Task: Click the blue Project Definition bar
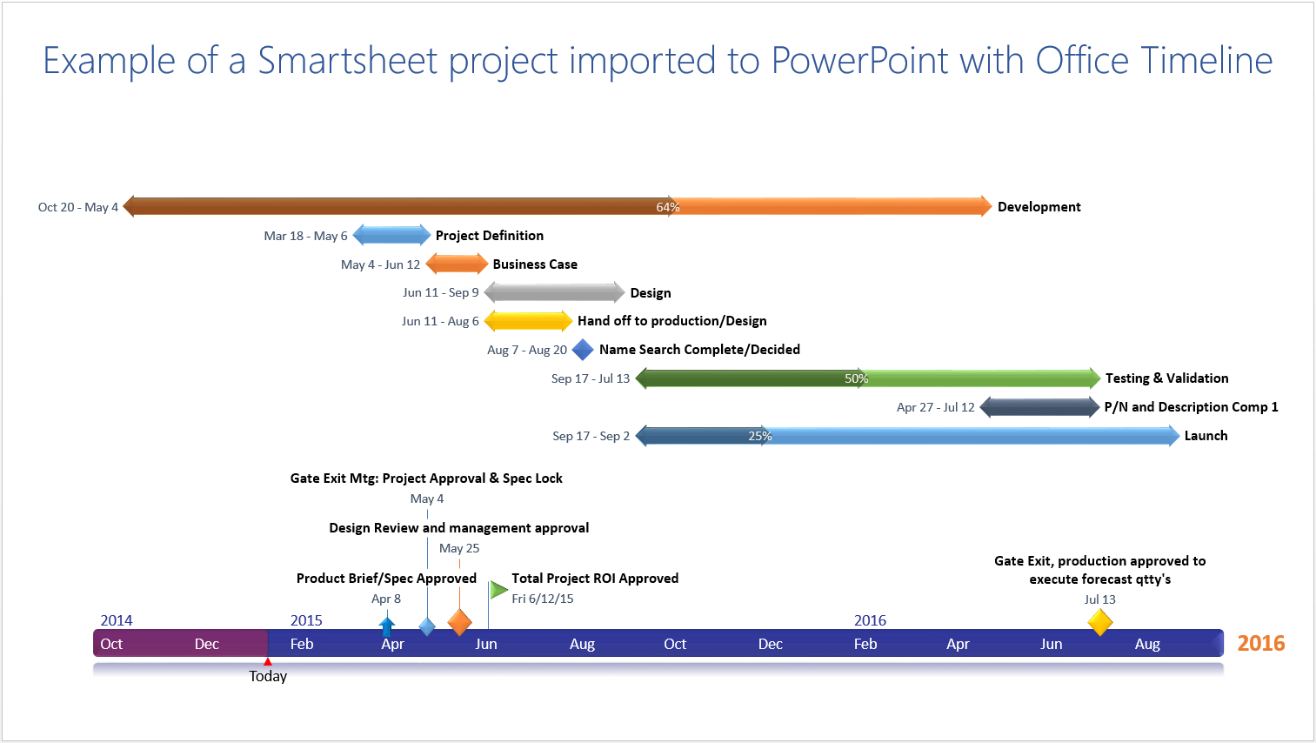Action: pyautogui.click(x=391, y=235)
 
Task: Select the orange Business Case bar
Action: pyautogui.click(x=457, y=264)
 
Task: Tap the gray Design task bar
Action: pyautogui.click(x=554, y=292)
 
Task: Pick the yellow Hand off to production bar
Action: pyautogui.click(x=528, y=321)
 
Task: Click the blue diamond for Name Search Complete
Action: pyautogui.click(x=583, y=350)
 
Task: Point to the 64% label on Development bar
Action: pyautogui.click(x=667, y=207)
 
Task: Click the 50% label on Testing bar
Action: pyautogui.click(x=856, y=378)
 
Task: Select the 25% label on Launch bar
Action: pyautogui.click(x=759, y=436)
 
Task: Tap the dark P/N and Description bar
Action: pyautogui.click(x=1039, y=407)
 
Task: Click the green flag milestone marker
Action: pyautogui.click(x=498, y=590)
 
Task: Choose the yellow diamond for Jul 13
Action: pyautogui.click(x=1100, y=622)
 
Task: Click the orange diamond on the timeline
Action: pyautogui.click(x=459, y=622)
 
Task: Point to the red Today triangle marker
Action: pyautogui.click(x=268, y=662)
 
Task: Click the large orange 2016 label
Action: pyautogui.click(x=1260, y=643)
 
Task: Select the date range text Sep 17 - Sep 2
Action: pyautogui.click(x=591, y=436)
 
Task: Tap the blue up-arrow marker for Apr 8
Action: pyautogui.click(x=387, y=625)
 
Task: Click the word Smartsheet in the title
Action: pyautogui.click(x=348, y=61)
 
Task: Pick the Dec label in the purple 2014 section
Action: pyautogui.click(x=207, y=644)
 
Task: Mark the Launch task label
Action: pyautogui.click(x=1206, y=436)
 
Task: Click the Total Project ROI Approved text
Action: pyautogui.click(x=595, y=579)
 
